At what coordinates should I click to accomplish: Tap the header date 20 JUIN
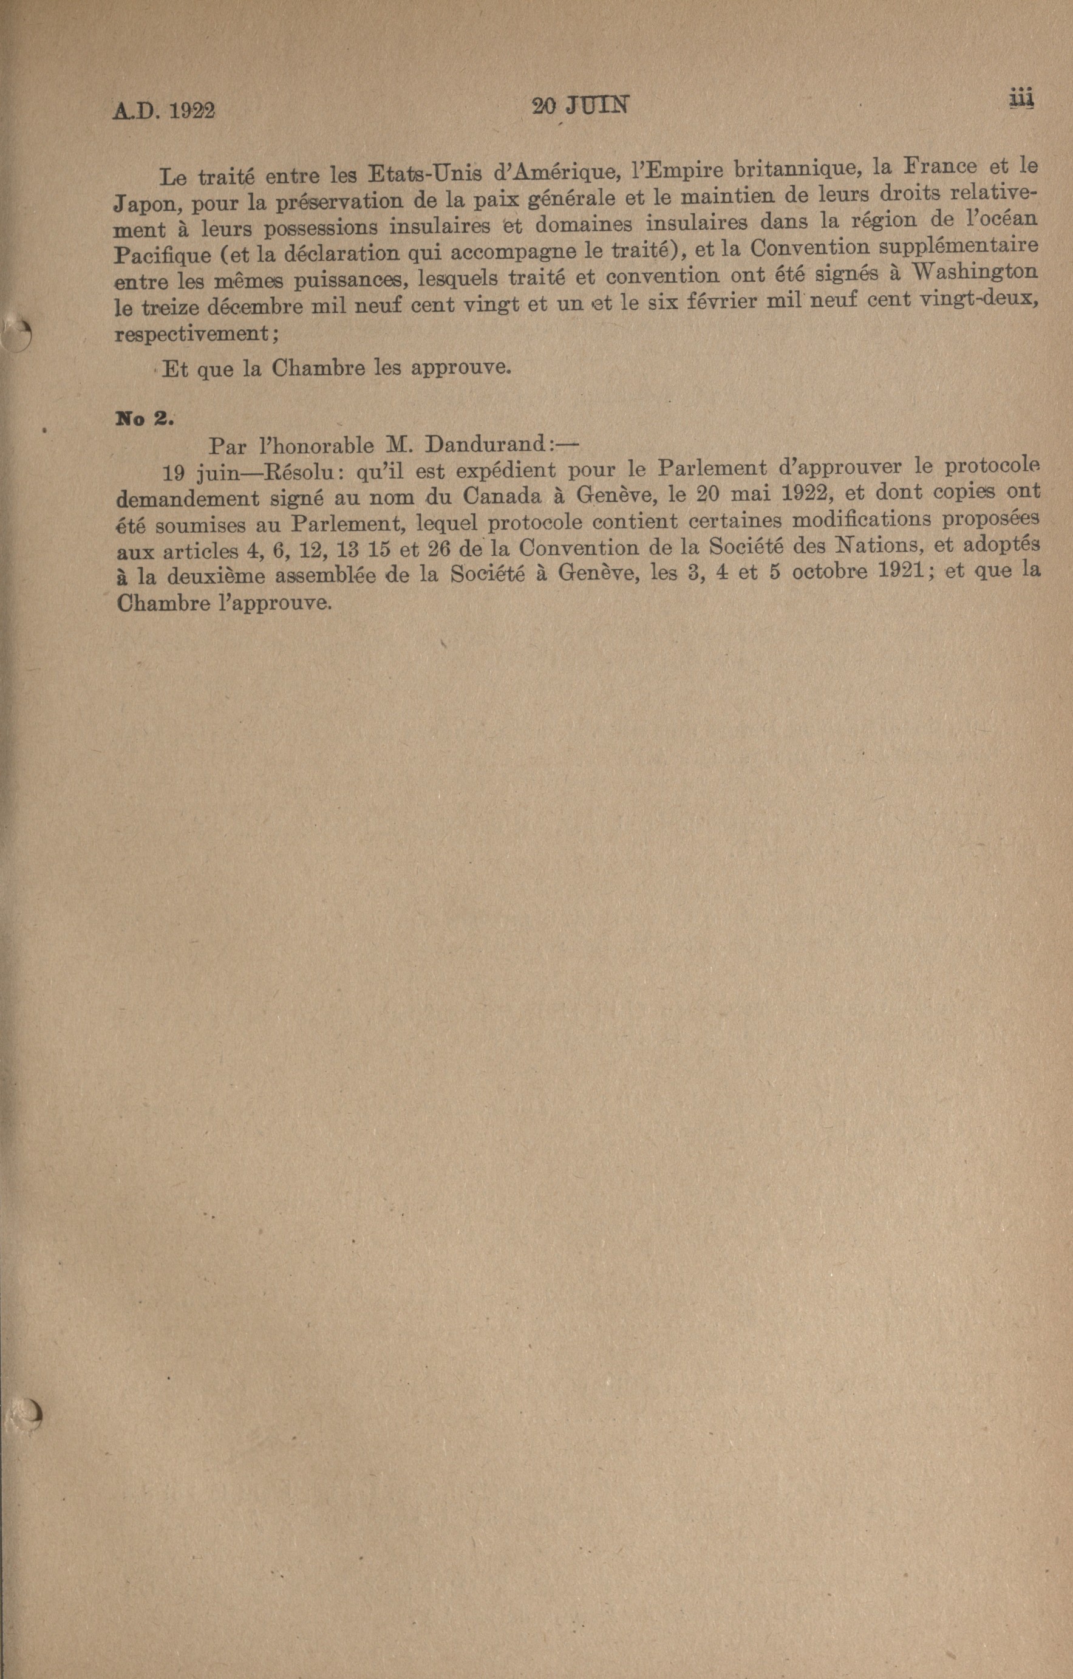click(x=580, y=105)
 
